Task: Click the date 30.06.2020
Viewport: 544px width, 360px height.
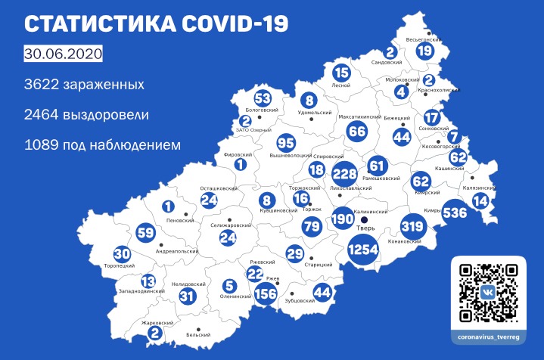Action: tap(63, 56)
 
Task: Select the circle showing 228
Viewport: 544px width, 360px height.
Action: tap(344, 172)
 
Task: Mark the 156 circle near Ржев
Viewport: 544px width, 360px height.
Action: tap(266, 294)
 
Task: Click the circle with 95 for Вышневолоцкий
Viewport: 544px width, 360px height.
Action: tap(285, 144)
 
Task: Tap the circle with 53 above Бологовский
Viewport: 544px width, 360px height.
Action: tap(262, 99)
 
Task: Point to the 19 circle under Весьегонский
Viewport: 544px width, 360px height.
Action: tap(424, 51)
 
